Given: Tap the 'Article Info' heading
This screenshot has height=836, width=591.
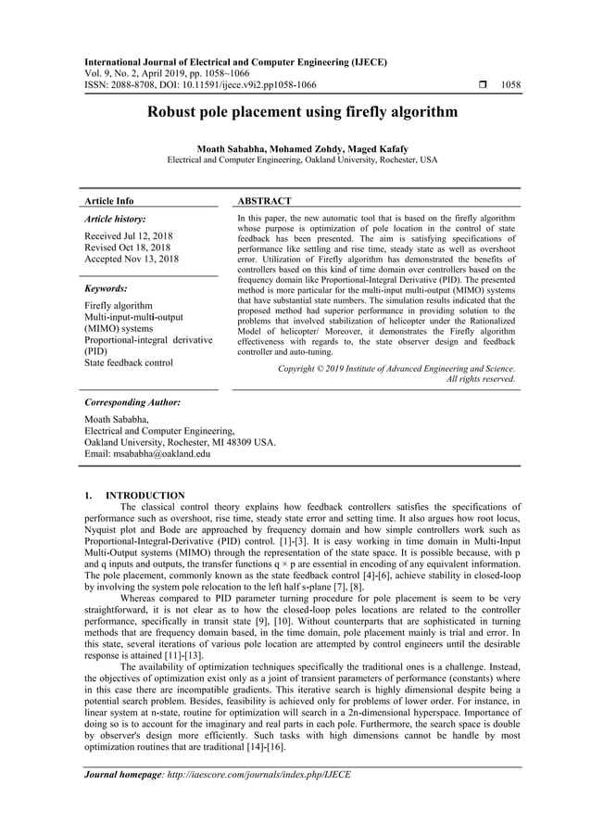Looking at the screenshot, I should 108,200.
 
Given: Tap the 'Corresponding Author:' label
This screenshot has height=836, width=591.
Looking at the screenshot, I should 132,403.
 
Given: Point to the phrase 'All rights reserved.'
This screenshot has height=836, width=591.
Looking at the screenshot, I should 481,378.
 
